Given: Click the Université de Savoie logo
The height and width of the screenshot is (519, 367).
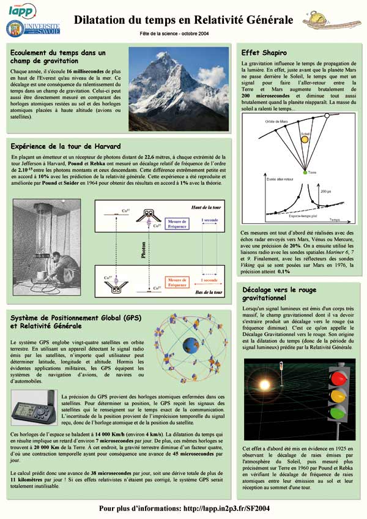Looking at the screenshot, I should (33, 28).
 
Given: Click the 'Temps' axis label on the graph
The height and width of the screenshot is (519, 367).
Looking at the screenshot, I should (333, 218).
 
